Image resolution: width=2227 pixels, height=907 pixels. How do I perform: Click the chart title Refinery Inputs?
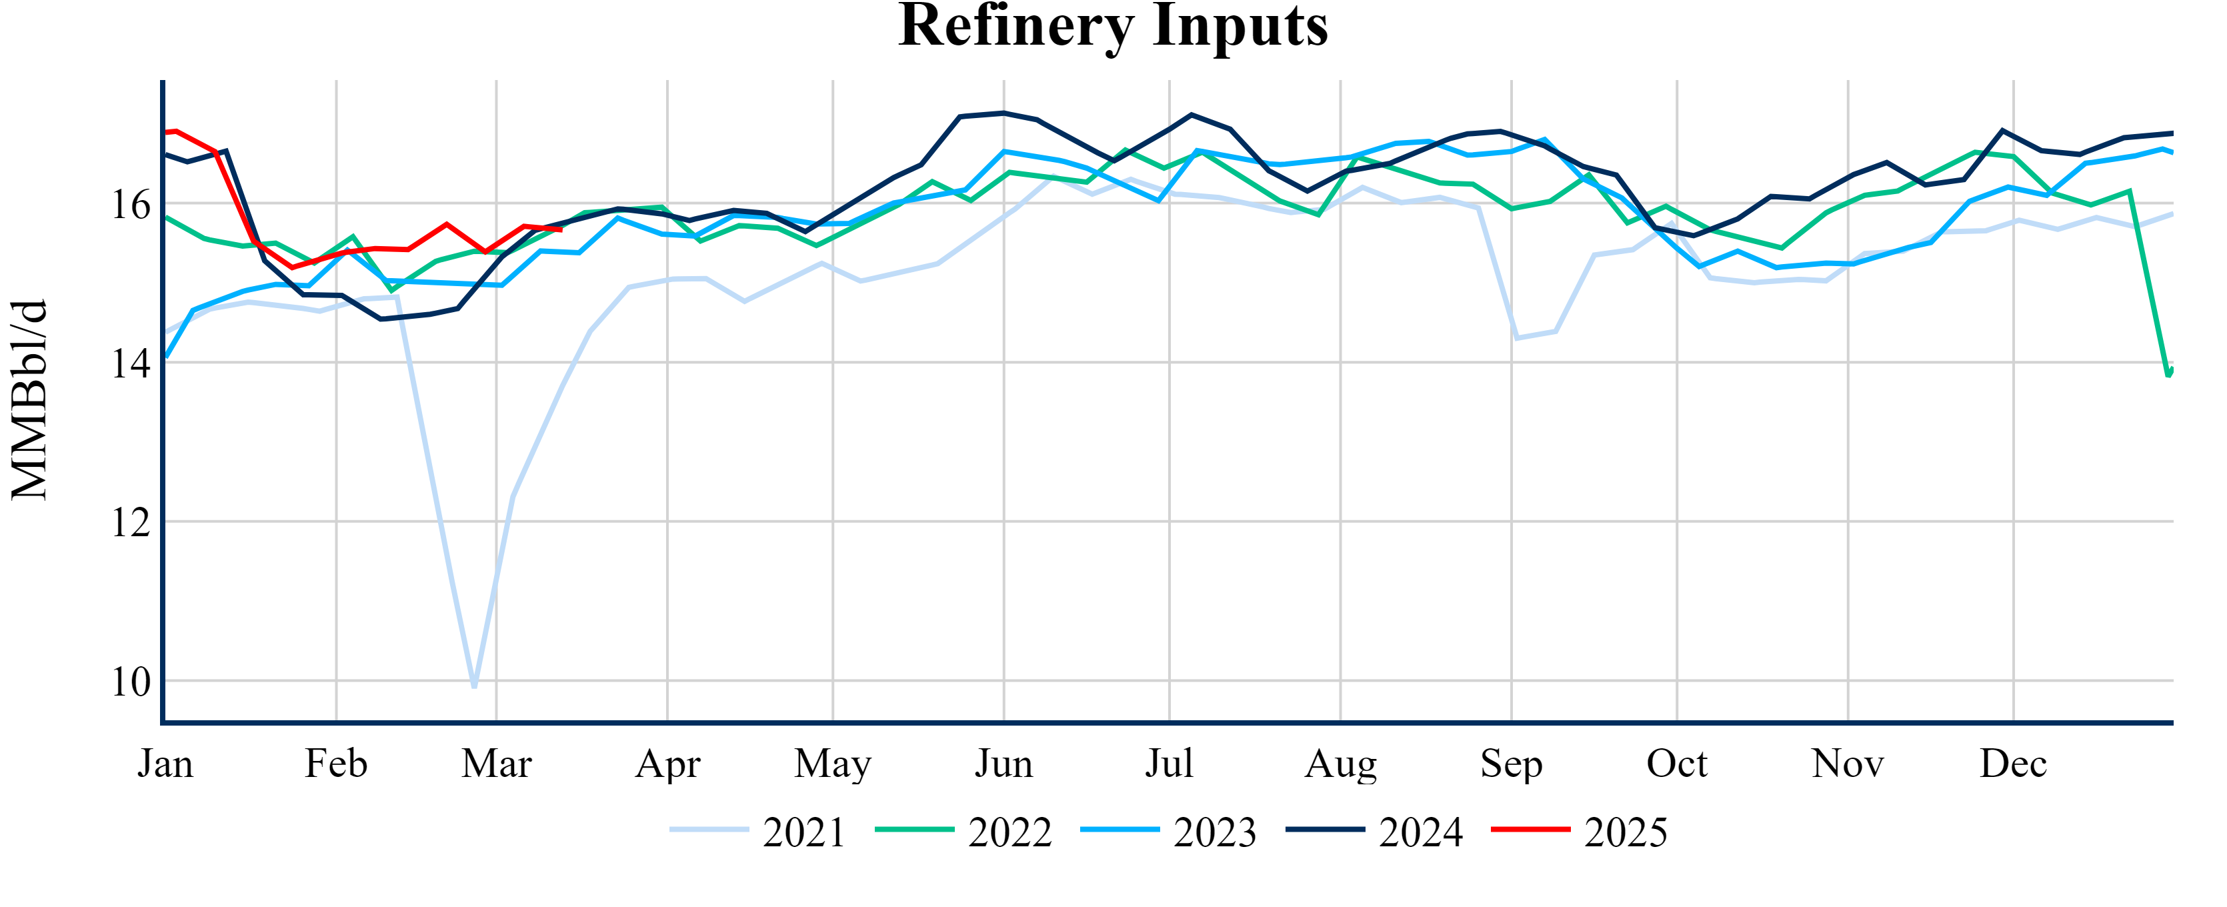point(1113,26)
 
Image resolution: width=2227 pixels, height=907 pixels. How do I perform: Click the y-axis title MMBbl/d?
point(29,399)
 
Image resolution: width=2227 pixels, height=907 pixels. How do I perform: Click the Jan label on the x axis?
point(165,764)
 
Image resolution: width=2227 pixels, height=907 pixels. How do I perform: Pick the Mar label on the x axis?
point(496,764)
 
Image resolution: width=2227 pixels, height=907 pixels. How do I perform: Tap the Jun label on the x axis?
point(1003,764)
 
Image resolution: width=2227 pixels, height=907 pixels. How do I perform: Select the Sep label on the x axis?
point(1511,764)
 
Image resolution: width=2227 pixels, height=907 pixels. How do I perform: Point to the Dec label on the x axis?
point(2014,764)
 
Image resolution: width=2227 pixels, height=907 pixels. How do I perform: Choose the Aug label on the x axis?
point(1341,764)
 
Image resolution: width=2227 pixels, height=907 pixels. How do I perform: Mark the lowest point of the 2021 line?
point(475,686)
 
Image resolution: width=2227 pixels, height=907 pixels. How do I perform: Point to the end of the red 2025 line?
point(561,230)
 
